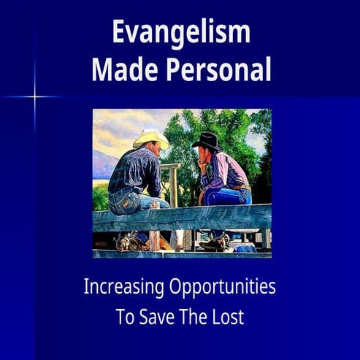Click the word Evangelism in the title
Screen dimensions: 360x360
tap(180, 33)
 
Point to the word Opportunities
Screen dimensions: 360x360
tap(226, 288)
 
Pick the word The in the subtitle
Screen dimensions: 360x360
tap(194, 318)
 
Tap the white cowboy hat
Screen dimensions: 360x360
tap(150, 138)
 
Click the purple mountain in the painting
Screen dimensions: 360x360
tap(102, 168)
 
